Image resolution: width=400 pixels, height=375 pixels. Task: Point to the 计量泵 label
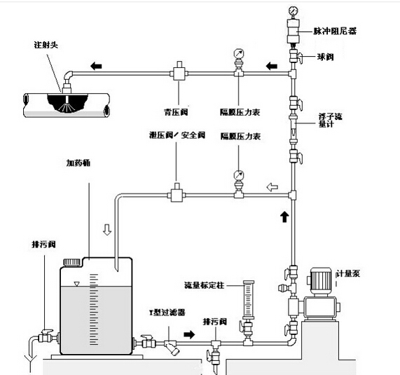(x=348, y=275)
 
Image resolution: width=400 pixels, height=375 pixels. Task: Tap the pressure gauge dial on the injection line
(x=239, y=54)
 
